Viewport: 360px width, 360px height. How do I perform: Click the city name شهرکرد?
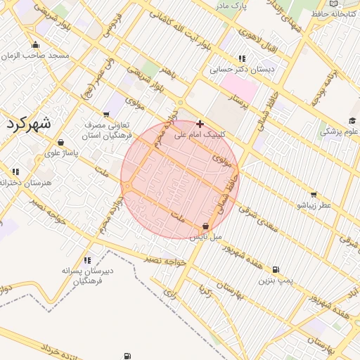29,123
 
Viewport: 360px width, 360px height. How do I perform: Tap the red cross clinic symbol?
200,123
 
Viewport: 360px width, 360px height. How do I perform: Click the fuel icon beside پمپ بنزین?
275,269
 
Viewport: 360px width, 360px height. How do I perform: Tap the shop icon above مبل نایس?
205,226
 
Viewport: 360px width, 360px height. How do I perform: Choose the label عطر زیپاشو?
313,205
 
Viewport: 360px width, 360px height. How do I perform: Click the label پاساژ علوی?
62,152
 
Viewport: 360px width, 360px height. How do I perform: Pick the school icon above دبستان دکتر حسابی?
243,59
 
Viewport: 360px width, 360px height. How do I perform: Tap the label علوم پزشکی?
340,131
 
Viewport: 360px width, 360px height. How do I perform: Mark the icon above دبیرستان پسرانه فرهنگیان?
87,261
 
